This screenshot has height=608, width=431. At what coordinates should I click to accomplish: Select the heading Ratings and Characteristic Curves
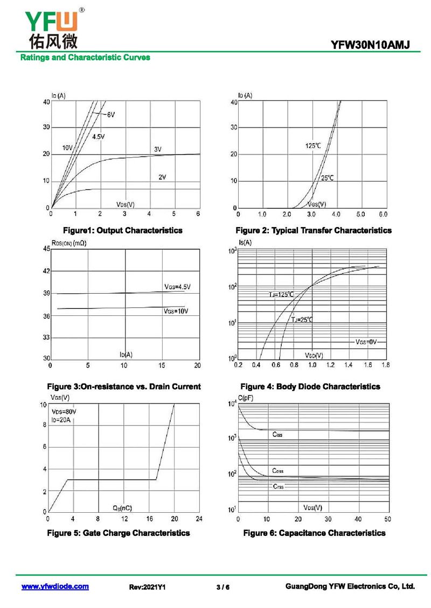tap(85, 58)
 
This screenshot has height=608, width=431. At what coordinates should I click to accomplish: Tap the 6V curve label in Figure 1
tap(110, 115)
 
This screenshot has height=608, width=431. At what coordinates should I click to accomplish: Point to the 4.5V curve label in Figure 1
tap(99, 137)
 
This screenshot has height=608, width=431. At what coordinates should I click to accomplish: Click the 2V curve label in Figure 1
tap(162, 176)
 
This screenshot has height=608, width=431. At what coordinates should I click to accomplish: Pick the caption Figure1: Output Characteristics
tap(123, 230)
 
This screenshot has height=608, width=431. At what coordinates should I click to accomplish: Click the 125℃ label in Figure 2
tap(313, 146)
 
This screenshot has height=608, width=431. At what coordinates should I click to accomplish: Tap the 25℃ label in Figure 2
tap(327, 178)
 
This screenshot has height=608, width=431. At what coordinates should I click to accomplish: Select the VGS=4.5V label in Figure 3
tap(177, 287)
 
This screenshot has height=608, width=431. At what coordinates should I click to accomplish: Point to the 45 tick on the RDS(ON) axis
tap(46, 249)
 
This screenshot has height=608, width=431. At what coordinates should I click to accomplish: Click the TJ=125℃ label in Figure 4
tap(281, 294)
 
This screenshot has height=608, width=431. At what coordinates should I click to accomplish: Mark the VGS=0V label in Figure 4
tap(366, 342)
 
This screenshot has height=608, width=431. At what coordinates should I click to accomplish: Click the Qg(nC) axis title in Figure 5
tap(122, 507)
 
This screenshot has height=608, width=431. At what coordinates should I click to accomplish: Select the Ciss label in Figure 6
tap(277, 434)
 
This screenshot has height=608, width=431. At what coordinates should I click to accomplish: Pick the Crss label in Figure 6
tap(278, 486)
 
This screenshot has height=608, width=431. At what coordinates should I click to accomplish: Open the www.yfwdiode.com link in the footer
tap(55, 586)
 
